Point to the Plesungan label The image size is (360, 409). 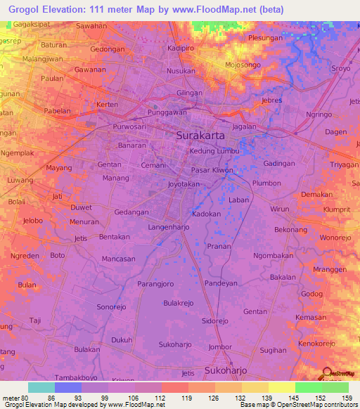coord(265,38)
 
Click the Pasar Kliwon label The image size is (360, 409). coord(212,170)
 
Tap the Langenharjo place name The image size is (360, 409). coord(168,228)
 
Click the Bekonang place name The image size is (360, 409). coord(291,230)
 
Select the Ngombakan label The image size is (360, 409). coord(273,256)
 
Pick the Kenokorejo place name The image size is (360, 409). coord(317,344)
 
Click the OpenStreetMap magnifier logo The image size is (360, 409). coord(326,373)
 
